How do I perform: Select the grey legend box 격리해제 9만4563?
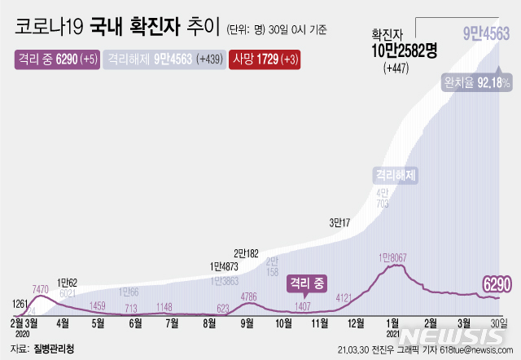[x=165, y=59]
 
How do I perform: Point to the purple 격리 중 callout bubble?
[x=306, y=283]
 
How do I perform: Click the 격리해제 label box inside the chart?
[x=395, y=174]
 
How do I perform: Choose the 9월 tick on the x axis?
[x=247, y=323]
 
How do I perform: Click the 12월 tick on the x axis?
[x=357, y=323]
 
